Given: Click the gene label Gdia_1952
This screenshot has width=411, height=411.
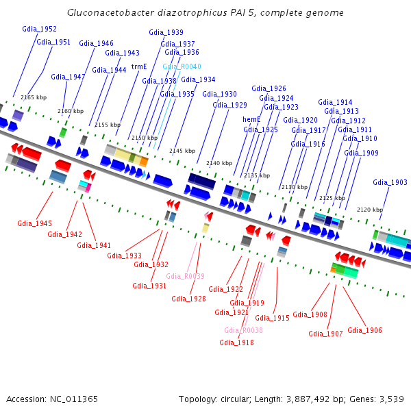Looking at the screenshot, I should pos(39,29).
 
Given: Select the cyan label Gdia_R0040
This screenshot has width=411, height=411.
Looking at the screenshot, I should pos(182,66).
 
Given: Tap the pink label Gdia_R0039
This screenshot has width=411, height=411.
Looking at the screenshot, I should pos(185,276).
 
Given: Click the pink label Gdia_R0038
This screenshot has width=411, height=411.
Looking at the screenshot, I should pos(243,330).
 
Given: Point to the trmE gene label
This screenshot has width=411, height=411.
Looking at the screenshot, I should pos(139,66).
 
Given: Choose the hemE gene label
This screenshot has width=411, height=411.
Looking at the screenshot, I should pos(251,119).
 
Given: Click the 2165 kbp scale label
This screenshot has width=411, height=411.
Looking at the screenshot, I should pos(33,98).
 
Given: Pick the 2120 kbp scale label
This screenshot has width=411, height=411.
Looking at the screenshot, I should pos(369,210).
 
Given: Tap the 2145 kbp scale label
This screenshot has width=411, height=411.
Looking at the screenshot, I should pos(182,151).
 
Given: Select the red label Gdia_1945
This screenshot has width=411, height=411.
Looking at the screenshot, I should pos(34,223).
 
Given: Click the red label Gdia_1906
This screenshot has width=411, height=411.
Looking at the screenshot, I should pos(364,330).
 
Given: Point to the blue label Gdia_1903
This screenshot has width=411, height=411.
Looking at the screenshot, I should pos(390,182).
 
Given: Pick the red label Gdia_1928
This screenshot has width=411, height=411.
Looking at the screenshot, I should pos(188,298).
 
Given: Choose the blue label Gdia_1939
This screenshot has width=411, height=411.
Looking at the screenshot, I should pos(166,32).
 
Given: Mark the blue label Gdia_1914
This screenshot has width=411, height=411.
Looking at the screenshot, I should pos(335,102).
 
